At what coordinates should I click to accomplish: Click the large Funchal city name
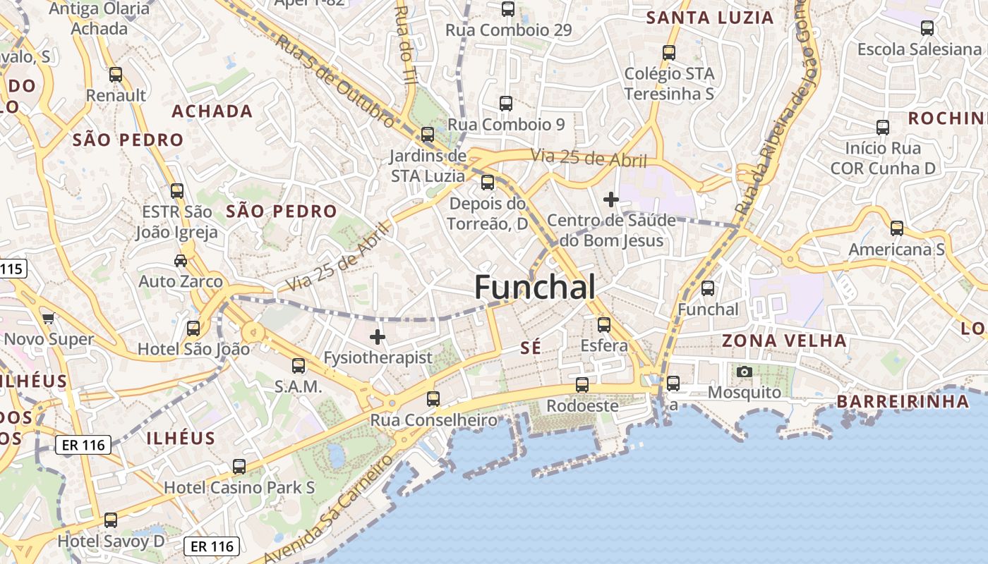point(535,287)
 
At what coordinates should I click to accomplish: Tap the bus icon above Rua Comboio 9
point(506,104)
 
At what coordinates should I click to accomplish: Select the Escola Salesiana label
point(919,49)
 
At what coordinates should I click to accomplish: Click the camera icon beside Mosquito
point(744,372)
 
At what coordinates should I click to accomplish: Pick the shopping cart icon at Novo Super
point(48,318)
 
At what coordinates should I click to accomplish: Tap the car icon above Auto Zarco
point(181,261)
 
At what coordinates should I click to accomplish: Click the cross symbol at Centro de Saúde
point(611,200)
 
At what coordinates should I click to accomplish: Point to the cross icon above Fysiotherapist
point(378,337)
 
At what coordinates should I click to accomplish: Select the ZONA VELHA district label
point(784,341)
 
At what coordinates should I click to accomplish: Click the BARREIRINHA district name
point(903,402)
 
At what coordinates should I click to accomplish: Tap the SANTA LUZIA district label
point(710,18)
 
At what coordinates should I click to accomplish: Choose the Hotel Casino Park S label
point(239,487)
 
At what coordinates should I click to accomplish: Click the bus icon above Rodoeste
point(582,385)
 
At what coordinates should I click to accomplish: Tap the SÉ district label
point(530,347)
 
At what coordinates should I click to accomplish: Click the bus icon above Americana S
point(896,228)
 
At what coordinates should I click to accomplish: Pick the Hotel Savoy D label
point(112,541)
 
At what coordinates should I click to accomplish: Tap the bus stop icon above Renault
point(116,75)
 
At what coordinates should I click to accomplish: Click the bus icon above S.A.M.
point(299,366)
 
